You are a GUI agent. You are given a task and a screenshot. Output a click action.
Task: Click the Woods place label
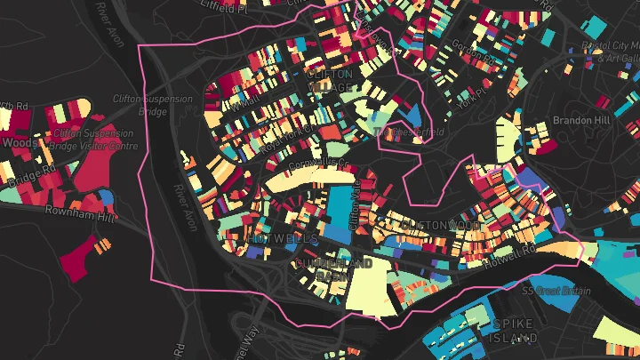(20, 141)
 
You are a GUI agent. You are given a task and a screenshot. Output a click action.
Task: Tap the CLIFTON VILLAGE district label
(330, 81)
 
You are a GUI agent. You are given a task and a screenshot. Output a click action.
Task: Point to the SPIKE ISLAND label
(515, 331)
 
